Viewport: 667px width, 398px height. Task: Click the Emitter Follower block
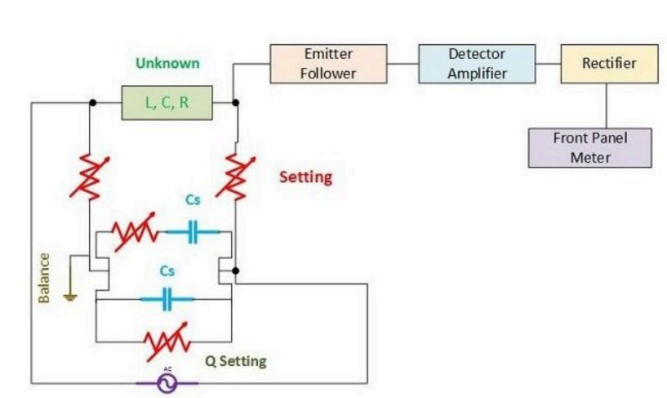[x=328, y=63]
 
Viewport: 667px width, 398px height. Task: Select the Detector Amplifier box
[x=477, y=64]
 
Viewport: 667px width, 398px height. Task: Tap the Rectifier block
[x=608, y=64]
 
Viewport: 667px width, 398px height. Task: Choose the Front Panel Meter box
[x=589, y=148]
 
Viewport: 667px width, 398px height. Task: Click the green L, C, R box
[x=166, y=104]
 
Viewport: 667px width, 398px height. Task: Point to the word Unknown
[x=167, y=63]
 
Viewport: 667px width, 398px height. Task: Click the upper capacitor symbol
[x=193, y=233]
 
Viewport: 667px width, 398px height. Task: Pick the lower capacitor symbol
[x=167, y=300]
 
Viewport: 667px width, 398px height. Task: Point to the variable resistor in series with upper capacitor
[x=134, y=234]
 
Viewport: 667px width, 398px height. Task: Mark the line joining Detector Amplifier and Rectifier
[x=548, y=64]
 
